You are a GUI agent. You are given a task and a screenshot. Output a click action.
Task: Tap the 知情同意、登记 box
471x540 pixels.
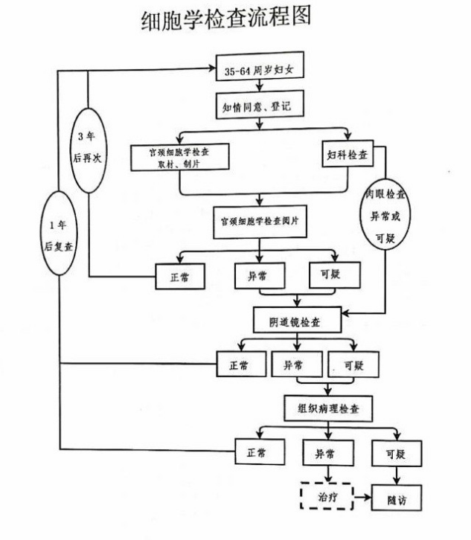tap(257, 107)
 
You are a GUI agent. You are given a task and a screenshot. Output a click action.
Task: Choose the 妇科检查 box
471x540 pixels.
tap(347, 155)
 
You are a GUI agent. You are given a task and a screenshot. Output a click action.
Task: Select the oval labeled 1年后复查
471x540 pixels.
tap(58, 234)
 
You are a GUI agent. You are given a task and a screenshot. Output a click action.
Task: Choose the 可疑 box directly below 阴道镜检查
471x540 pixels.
tap(351, 364)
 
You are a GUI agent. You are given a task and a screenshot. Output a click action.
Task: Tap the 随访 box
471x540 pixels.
tap(393, 497)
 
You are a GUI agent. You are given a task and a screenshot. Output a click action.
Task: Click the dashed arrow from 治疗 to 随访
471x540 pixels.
tap(362, 496)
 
